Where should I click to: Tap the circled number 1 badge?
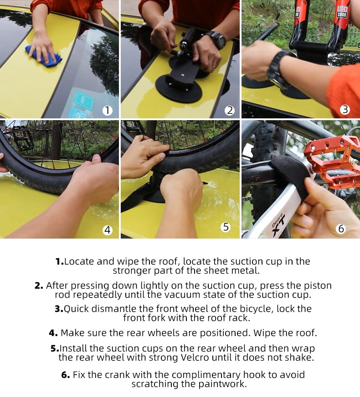tap(107, 110)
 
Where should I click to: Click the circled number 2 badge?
tap(230, 110)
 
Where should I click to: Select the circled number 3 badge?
tap(345, 110)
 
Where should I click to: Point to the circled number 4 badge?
tap(107, 230)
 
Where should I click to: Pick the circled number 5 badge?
tap(226, 227)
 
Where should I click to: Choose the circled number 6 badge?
tap(341, 229)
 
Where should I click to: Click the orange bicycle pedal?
tap(332, 160)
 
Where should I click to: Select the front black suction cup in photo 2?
tap(179, 88)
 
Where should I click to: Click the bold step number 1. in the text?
tap(59, 261)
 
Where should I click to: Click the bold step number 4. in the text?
tap(53, 333)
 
